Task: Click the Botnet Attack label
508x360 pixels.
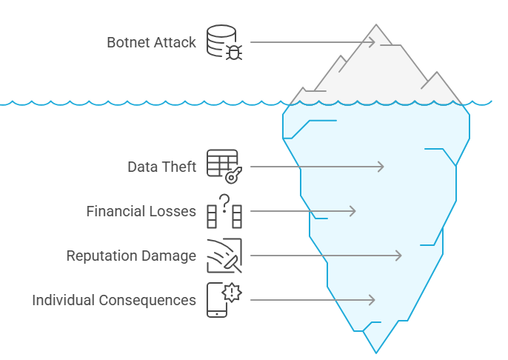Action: [151, 41]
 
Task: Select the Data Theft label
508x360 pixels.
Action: [161, 167]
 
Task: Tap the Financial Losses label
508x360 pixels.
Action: [141, 211]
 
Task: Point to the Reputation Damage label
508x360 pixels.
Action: [131, 256]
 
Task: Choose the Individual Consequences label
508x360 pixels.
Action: [114, 300]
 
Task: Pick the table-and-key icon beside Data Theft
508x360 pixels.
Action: [224, 167]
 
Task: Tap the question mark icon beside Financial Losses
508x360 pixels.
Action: [224, 211]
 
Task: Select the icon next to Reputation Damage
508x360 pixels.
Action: [224, 256]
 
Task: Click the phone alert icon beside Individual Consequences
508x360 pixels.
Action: [224, 300]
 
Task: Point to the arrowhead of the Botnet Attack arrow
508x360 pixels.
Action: [373, 41]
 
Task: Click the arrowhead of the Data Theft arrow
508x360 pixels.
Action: [381, 167]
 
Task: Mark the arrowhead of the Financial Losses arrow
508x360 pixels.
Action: [353, 211]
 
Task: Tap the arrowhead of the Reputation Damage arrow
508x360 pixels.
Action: [399, 256]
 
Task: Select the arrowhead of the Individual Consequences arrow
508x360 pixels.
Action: [372, 300]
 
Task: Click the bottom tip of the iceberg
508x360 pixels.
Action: [377, 352]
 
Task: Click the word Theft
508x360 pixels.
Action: [179, 167]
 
